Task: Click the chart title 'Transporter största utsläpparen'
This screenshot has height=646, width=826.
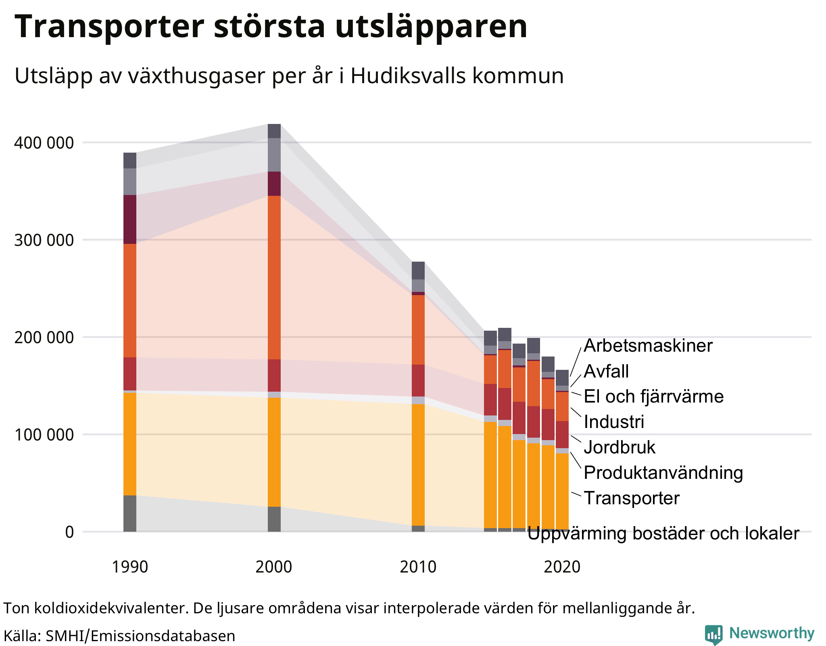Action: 271,27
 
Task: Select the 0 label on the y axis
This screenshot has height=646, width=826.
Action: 69,532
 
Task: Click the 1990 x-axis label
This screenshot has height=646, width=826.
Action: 129,567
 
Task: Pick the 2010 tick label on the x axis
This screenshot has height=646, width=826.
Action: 418,567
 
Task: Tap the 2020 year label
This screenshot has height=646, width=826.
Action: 562,567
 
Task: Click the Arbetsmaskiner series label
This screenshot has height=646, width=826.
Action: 648,346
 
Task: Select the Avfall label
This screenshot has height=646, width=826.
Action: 606,371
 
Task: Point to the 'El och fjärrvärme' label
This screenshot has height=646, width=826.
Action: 653,396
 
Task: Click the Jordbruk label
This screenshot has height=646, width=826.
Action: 619,447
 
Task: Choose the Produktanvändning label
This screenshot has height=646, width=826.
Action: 663,473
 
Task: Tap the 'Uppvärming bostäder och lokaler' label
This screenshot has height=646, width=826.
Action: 663,534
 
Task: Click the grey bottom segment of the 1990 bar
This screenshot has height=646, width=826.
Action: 129,513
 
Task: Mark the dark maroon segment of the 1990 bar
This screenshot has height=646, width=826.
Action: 129,219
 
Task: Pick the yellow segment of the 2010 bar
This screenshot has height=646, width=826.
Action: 418,464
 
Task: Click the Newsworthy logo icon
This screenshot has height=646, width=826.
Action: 713,634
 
